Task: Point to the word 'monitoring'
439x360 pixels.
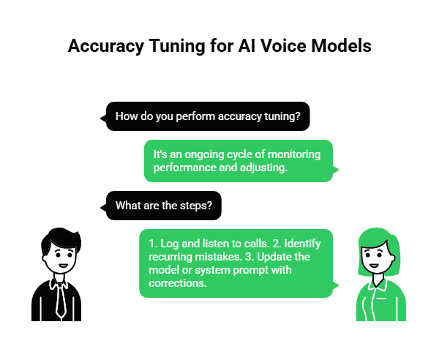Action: click(293, 155)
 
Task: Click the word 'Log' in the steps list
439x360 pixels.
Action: click(169, 243)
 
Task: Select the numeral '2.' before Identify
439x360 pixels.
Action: click(275, 243)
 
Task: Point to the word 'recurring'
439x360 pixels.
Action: click(170, 256)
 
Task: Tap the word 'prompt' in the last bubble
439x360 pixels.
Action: click(252, 269)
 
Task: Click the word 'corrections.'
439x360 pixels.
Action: click(177, 282)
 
